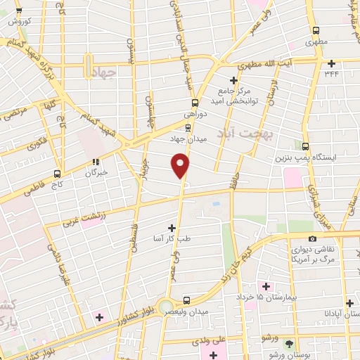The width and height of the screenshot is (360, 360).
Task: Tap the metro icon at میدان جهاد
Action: (x=187, y=128)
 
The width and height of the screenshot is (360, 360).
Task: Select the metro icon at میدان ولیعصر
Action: (x=186, y=298)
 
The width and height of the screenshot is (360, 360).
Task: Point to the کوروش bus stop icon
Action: (x=19, y=11)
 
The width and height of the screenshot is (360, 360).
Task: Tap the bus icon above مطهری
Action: (x=316, y=31)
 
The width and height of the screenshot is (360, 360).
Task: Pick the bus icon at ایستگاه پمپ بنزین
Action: (x=305, y=146)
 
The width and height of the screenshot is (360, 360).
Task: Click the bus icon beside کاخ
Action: (x=58, y=173)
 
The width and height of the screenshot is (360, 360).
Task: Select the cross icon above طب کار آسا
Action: (x=172, y=228)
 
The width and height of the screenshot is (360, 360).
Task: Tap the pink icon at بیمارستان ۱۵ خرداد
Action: (x=265, y=285)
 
